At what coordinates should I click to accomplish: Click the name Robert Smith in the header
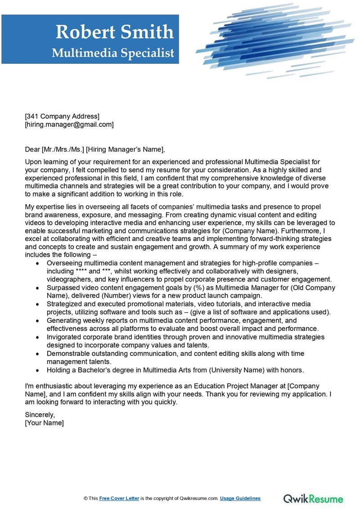coord(114,32)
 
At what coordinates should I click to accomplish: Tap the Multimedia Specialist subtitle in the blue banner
coord(113,53)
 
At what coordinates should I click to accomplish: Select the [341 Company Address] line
coord(62,116)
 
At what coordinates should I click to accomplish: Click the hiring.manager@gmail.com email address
coord(69,125)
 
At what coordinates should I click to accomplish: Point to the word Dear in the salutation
coord(32,149)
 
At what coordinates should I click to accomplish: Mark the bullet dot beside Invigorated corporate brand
coord(39,337)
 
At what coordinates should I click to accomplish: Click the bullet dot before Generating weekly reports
coord(39,321)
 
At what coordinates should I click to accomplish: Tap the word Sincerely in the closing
coord(40,415)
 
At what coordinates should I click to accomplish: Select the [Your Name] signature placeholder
coord(44,423)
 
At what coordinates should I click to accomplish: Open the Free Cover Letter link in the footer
coord(119,498)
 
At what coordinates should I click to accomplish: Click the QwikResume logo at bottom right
coord(313,498)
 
